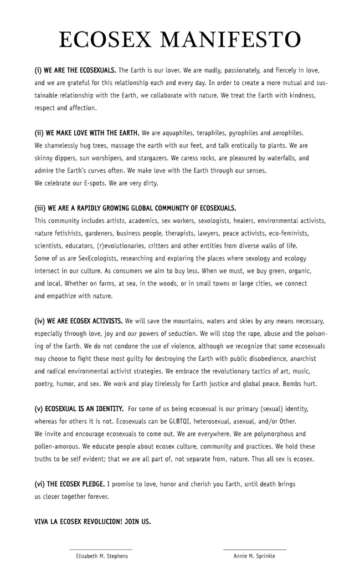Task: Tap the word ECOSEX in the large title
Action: [x=106, y=40]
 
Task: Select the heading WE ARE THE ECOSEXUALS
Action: [x=75, y=70]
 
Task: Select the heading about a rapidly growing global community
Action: [x=135, y=208]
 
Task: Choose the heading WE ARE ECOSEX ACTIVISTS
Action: [x=79, y=321]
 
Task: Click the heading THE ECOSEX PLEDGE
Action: [x=71, y=484]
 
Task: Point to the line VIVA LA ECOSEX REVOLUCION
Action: [x=92, y=521]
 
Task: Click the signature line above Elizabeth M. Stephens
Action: [x=101, y=549]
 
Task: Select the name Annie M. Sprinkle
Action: [x=255, y=556]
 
